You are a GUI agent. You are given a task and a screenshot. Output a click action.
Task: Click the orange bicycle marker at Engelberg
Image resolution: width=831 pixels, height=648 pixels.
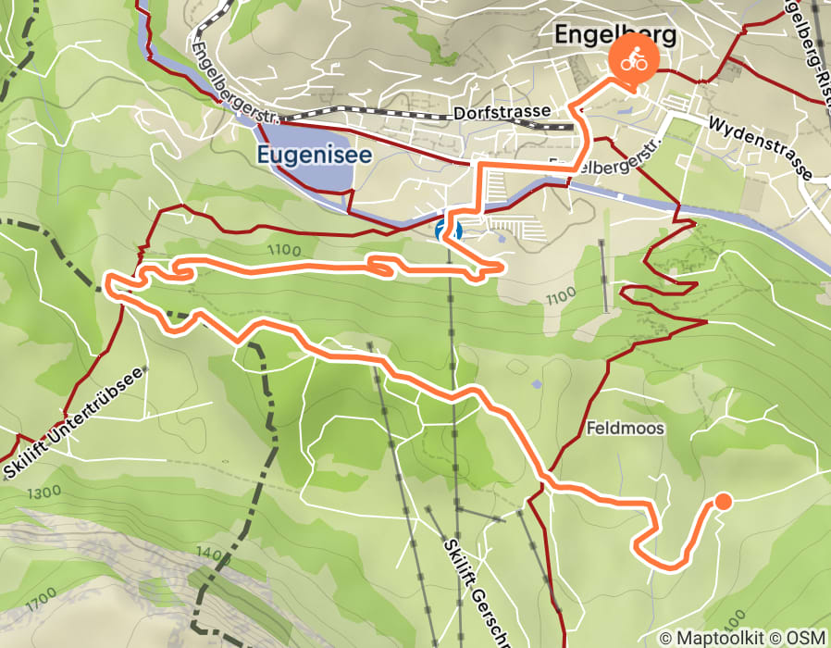pos(633,63)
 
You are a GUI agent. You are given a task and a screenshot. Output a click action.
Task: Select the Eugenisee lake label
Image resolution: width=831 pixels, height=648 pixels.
pos(314,155)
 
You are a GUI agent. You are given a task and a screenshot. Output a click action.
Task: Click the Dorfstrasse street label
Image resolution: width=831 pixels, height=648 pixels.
pos(503,113)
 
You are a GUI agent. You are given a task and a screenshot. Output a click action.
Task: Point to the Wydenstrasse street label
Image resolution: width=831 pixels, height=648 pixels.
pos(759,148)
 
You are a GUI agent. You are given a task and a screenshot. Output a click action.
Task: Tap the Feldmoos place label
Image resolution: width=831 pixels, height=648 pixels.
pos(625,430)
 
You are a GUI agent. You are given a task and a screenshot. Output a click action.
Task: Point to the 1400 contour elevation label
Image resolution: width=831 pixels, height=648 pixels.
pos(213,554)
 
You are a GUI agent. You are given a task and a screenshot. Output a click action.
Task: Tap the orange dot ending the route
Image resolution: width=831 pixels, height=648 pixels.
pos(723,501)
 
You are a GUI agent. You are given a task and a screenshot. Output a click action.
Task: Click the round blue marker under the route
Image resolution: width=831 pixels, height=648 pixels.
pos(448,229)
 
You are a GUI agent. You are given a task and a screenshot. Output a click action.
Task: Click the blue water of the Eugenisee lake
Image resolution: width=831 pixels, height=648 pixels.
pos(296,181)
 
